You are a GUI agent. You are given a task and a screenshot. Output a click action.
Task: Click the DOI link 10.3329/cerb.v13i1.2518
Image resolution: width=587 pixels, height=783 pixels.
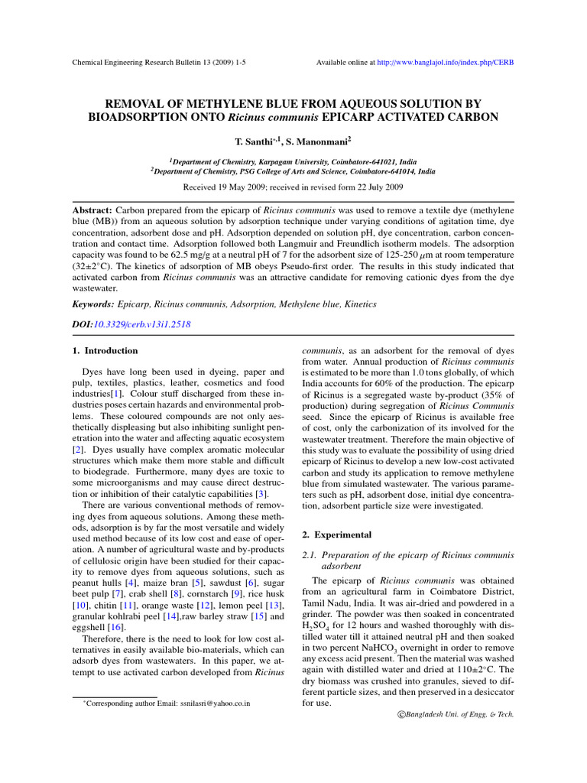[141, 324]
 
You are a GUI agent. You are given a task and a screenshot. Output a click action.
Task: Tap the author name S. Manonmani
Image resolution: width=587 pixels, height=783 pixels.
[316, 142]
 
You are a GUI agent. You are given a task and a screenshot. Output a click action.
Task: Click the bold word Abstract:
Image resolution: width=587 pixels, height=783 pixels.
[92, 209]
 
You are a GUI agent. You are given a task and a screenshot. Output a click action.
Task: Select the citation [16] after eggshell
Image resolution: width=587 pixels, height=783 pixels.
[117, 627]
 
